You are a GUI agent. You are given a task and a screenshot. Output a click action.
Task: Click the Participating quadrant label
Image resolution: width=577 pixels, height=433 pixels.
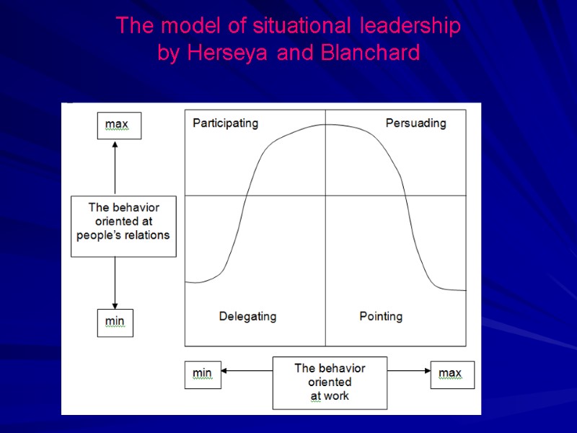(225, 123)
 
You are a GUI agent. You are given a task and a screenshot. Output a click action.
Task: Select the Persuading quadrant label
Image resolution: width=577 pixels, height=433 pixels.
(415, 123)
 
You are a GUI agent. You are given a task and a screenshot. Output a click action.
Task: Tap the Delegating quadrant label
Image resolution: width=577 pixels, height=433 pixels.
(247, 316)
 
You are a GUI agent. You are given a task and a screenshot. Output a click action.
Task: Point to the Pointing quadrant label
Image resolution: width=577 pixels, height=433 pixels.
(381, 316)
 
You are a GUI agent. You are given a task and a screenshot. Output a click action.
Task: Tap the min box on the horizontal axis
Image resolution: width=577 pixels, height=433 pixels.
(203, 374)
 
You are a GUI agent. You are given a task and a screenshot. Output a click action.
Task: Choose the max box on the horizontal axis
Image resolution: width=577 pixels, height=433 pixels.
(452, 374)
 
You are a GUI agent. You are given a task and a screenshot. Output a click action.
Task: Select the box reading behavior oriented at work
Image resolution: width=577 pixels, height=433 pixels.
(330, 382)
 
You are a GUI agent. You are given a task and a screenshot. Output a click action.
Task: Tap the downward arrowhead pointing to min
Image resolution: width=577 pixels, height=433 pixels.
(115, 305)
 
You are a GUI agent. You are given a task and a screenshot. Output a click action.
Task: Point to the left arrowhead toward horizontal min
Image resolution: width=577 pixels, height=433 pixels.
(225, 371)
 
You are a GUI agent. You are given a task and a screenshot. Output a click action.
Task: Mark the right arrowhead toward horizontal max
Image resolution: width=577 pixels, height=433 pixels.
(426, 371)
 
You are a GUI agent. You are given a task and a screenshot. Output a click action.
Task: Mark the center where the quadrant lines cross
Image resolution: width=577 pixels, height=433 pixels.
(325, 196)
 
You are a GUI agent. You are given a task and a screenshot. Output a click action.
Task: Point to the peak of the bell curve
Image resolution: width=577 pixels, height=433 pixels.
(325, 125)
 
